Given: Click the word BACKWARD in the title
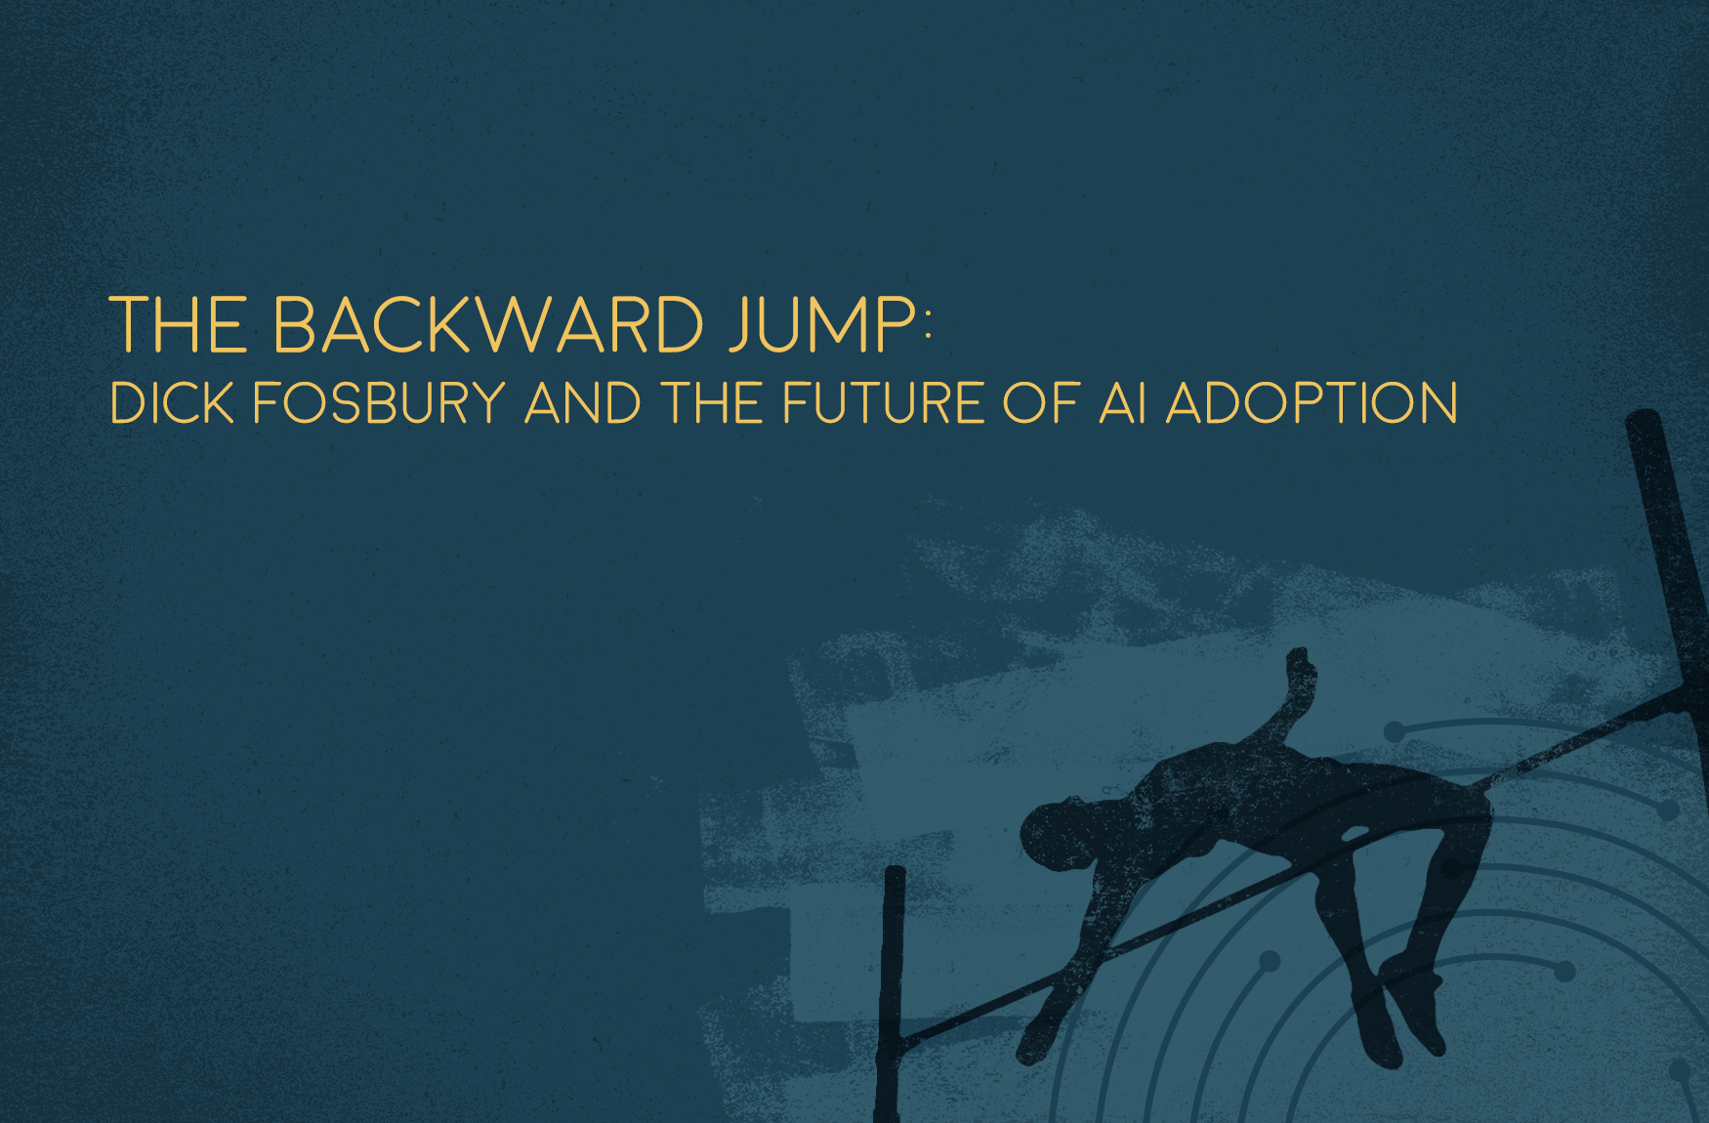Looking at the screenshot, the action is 489,324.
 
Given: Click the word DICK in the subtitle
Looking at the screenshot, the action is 173,403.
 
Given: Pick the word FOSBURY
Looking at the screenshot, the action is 380,403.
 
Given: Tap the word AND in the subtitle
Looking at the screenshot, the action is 583,403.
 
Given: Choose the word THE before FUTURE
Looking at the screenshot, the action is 712,403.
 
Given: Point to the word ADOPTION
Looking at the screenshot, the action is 1312,403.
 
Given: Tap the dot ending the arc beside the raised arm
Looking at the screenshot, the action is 1395,730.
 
